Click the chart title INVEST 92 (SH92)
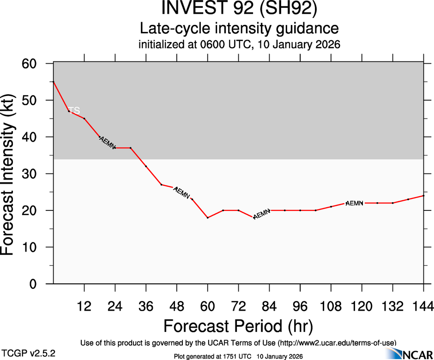240,9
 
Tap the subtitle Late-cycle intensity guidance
240,29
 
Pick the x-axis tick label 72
238,307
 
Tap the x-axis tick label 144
423,307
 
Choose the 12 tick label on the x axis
84,307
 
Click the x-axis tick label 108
331,307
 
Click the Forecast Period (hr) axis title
238,326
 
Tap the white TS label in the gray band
74,111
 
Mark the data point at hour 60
208,217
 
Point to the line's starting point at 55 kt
54,82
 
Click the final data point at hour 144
423,196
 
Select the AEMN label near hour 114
355,203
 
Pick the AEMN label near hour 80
262,214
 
